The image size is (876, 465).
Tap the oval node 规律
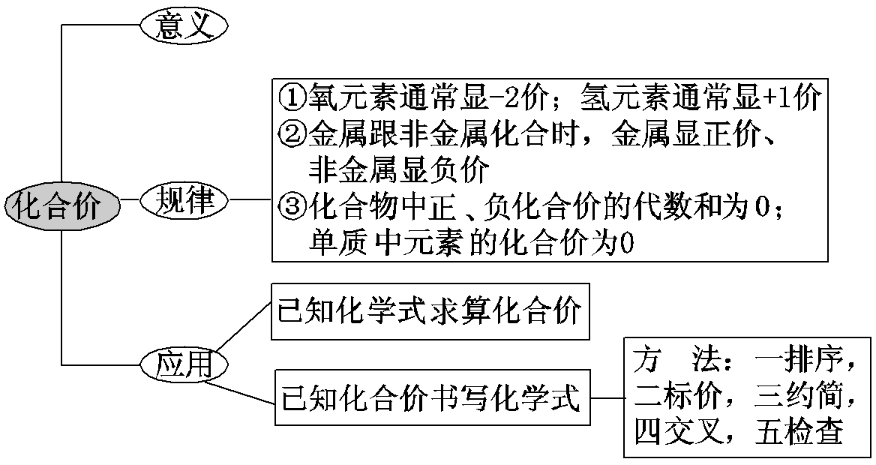click(184, 200)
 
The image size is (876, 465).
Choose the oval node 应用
click(184, 364)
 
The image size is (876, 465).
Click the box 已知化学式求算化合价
click(430, 312)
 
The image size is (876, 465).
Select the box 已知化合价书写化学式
click(430, 399)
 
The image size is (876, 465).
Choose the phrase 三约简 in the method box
click(797, 395)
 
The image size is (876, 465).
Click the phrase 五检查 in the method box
click(797, 432)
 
